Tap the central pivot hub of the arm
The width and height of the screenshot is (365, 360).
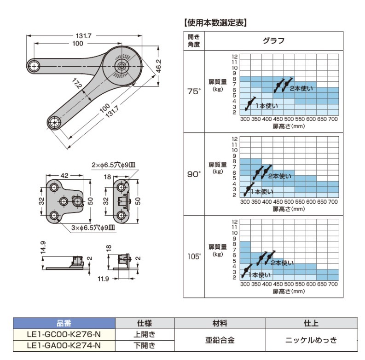tap(122, 65)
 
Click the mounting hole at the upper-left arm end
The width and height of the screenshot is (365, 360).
tap(34, 66)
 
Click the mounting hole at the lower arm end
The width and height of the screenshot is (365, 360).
tap(55, 122)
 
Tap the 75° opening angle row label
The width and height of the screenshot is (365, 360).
tap(194, 91)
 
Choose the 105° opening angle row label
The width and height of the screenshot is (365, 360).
tap(194, 256)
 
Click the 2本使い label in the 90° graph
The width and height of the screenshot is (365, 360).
tap(279, 176)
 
